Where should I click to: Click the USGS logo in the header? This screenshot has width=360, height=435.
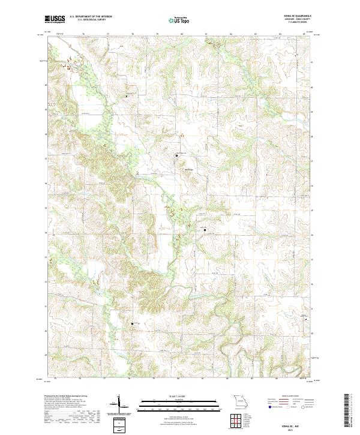55,19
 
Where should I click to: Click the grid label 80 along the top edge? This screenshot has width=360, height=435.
181,34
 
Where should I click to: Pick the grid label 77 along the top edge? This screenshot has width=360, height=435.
108,34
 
